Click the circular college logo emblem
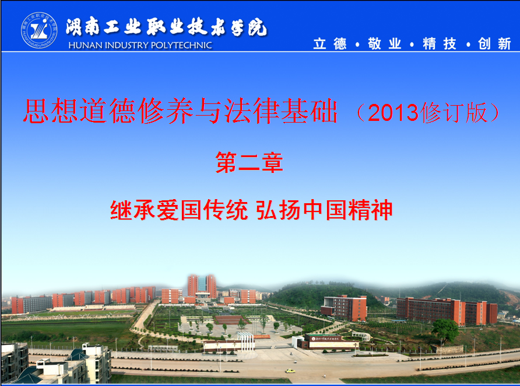(x=39, y=30)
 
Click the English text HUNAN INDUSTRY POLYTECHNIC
(x=140, y=45)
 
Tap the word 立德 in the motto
(x=330, y=44)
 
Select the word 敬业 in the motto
(x=385, y=44)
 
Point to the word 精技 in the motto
(x=440, y=44)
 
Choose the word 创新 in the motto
(x=494, y=44)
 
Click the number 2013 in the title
(x=393, y=113)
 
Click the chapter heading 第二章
(x=250, y=162)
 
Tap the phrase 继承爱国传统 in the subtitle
(x=179, y=210)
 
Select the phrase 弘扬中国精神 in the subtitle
(x=325, y=210)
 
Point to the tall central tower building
(x=202, y=286)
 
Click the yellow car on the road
(x=290, y=371)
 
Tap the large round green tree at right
(x=445, y=329)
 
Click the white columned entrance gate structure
(x=246, y=341)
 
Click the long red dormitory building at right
(x=447, y=311)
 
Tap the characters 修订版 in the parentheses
(x=454, y=113)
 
